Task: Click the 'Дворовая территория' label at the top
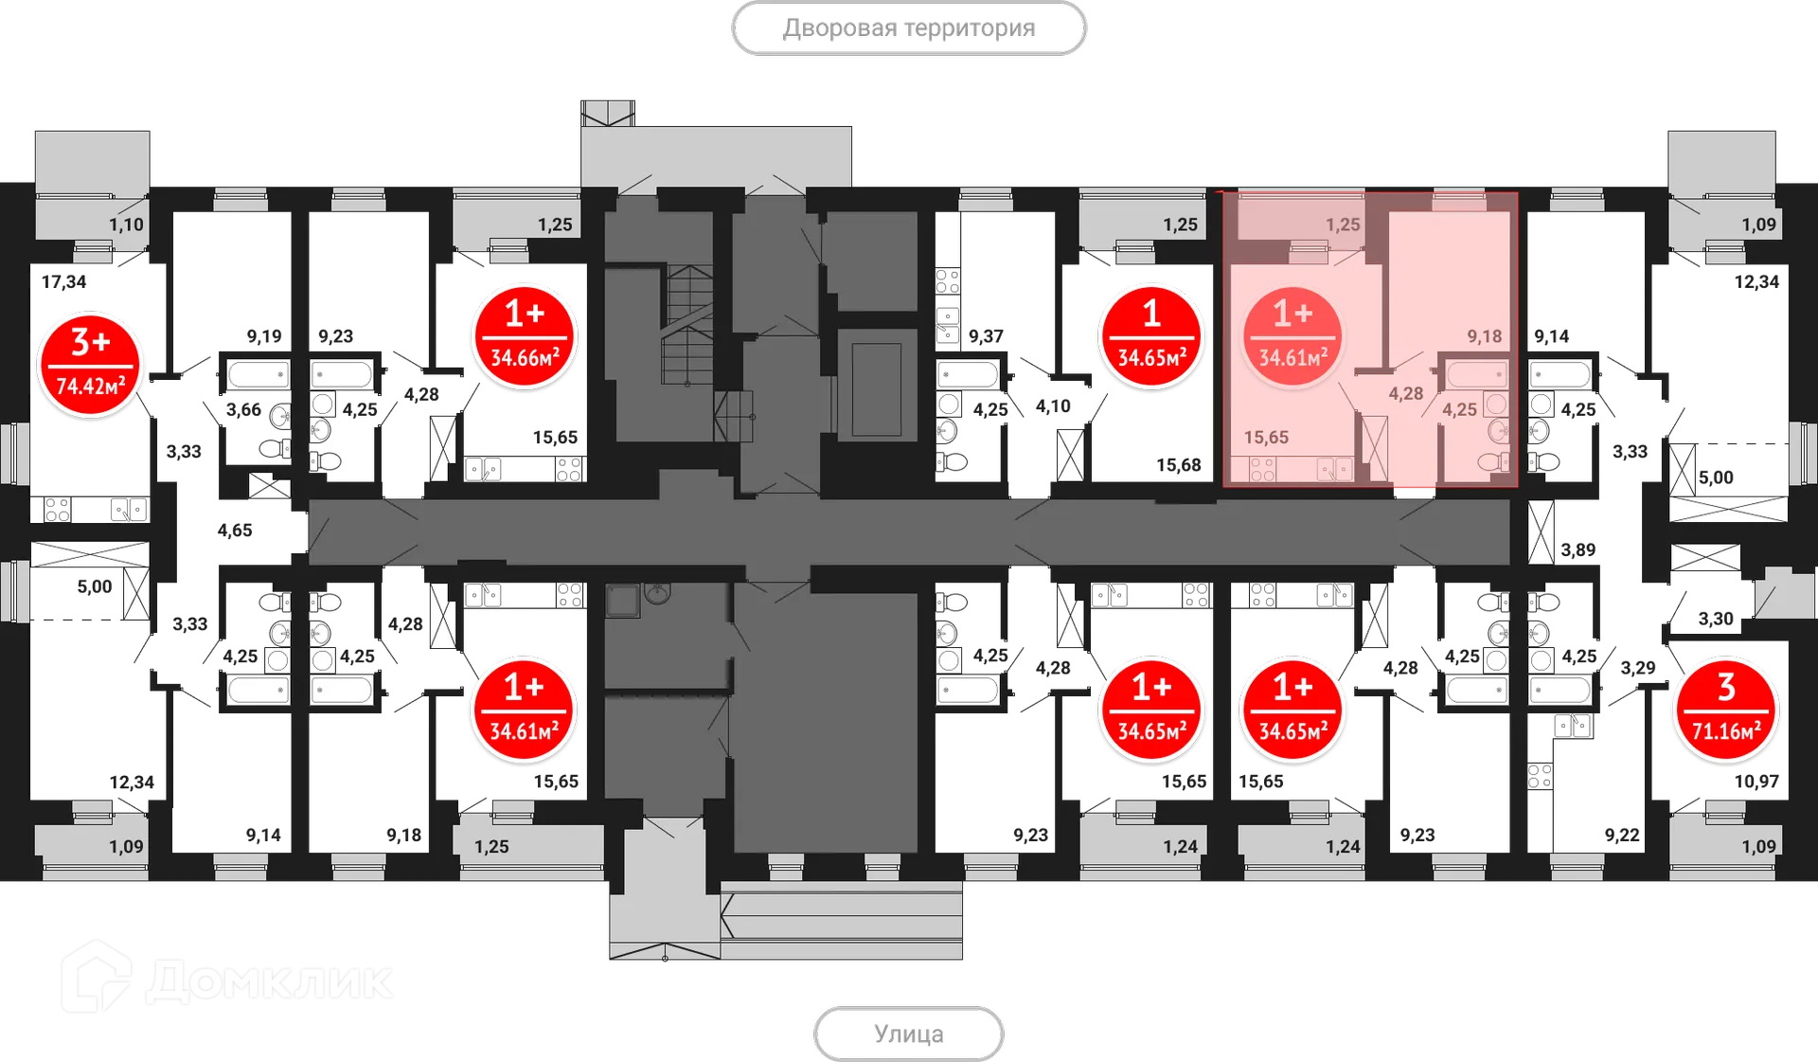click(x=909, y=28)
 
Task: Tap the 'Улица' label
click(x=909, y=1034)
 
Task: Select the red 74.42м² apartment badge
click(x=91, y=366)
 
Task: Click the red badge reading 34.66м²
click(x=525, y=337)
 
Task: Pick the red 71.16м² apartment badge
click(x=1726, y=711)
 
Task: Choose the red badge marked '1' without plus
click(x=1151, y=337)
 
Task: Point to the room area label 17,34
click(x=63, y=281)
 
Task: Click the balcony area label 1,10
click(x=126, y=225)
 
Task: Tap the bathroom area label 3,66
click(x=243, y=409)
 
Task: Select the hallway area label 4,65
click(x=235, y=531)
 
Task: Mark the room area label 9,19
click(x=264, y=336)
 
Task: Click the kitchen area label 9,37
click(x=986, y=336)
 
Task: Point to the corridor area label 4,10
click(x=1053, y=406)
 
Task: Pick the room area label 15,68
click(x=1179, y=465)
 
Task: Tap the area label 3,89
click(x=1578, y=549)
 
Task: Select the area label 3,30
click(x=1716, y=619)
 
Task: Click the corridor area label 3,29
click(x=1638, y=668)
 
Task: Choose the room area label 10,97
click(x=1756, y=782)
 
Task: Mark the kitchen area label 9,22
click(x=1622, y=835)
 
